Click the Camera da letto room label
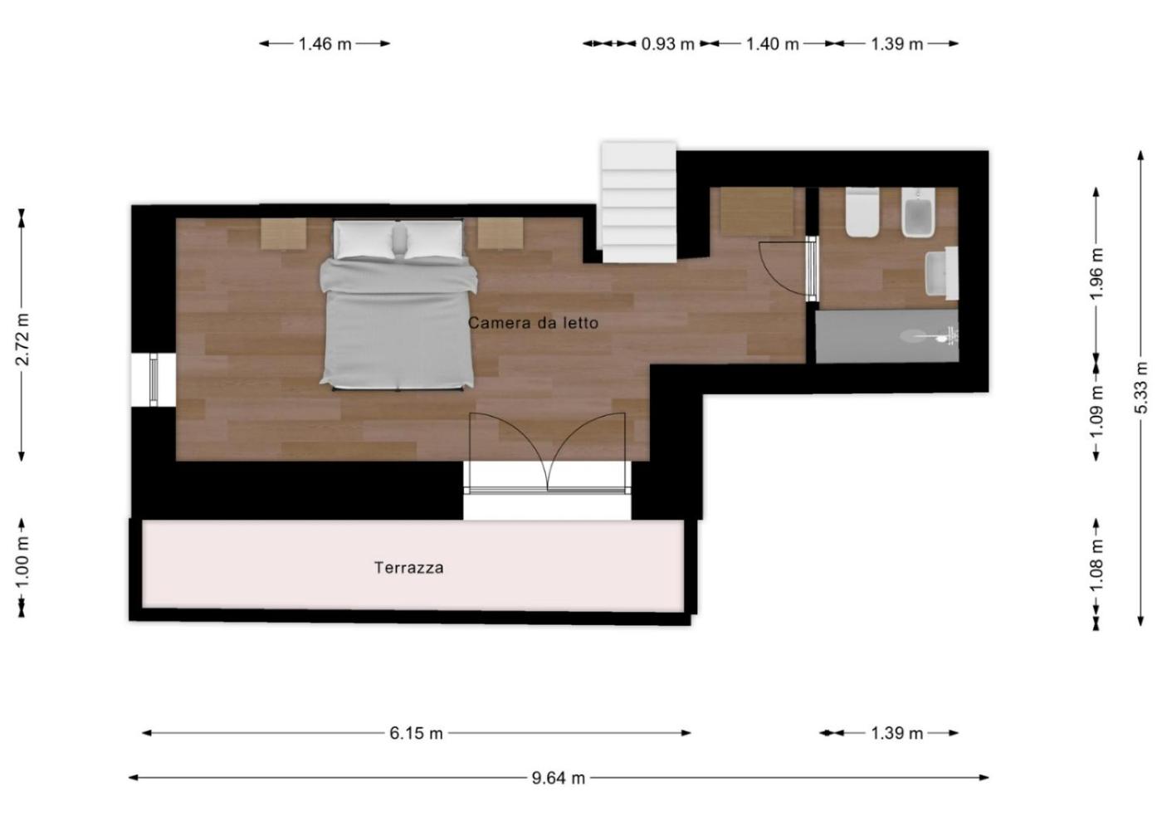[x=533, y=323]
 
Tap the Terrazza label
[x=408, y=568]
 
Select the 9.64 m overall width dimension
[x=558, y=778]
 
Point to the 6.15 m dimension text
[x=416, y=733]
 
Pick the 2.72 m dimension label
[x=22, y=340]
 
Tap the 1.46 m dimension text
[x=325, y=44]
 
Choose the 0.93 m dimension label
[x=667, y=44]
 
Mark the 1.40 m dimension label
[x=773, y=44]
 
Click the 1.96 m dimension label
[x=1096, y=273]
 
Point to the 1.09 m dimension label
[x=1096, y=412]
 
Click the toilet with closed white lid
[x=862, y=213]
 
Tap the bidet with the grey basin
[x=918, y=213]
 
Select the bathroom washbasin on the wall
[x=942, y=273]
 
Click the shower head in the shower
[x=934, y=337]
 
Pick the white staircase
[x=639, y=202]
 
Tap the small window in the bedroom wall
[x=154, y=380]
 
